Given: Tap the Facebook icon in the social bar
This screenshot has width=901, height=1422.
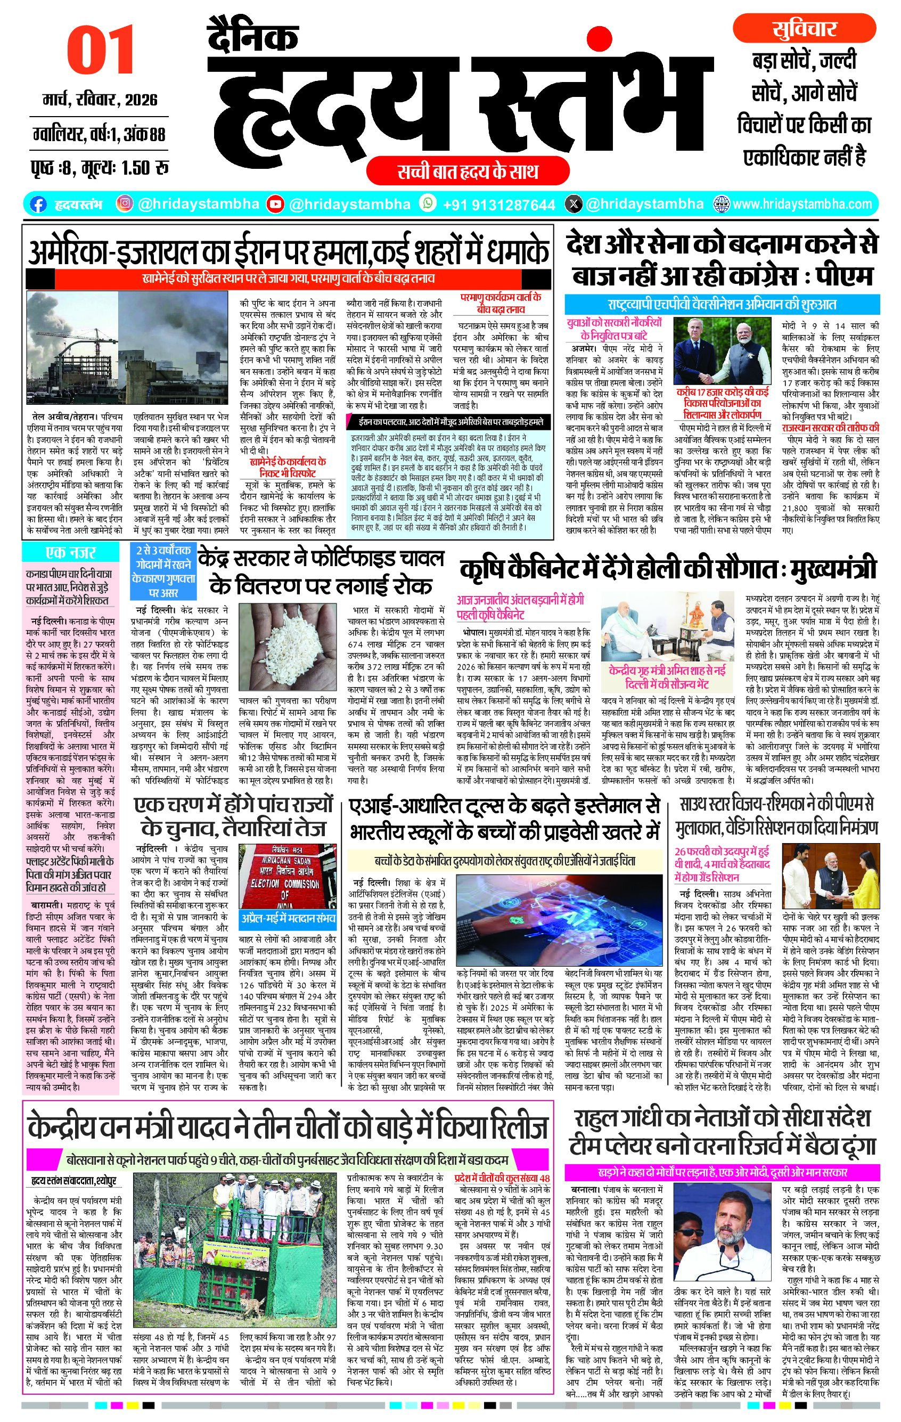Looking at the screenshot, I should (x=38, y=205).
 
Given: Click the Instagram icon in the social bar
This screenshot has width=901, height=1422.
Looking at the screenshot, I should (x=124, y=204).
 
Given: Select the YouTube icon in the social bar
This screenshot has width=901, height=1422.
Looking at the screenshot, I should (x=275, y=205).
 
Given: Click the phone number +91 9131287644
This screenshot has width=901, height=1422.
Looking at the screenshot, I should (x=498, y=205).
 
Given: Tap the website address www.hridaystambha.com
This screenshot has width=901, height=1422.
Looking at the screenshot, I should (x=802, y=205).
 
